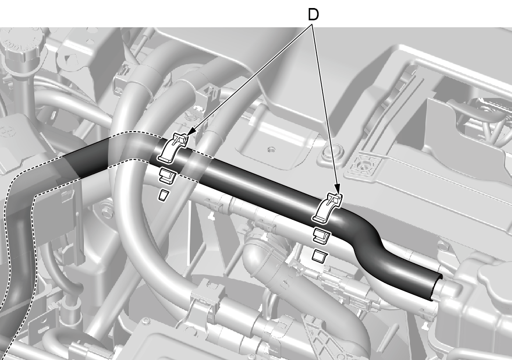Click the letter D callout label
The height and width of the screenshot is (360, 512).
[313, 14]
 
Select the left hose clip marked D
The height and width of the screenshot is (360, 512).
[173, 148]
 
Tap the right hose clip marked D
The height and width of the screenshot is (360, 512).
[328, 209]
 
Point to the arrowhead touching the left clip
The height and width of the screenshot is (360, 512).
[191, 132]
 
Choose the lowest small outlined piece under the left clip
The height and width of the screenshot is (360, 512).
[163, 195]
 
